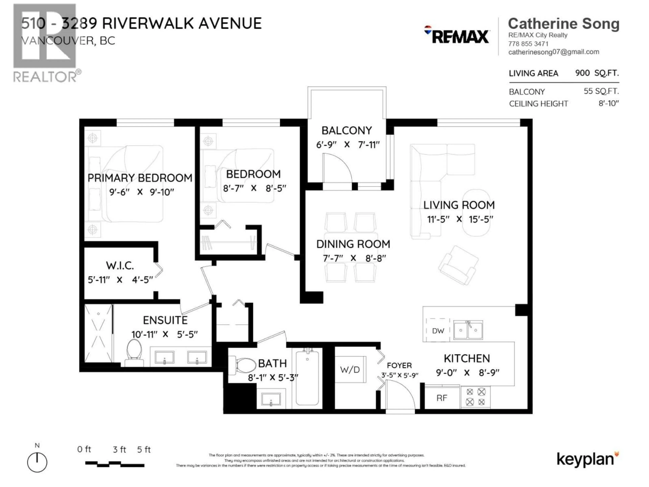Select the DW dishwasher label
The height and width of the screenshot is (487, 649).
click(438, 331)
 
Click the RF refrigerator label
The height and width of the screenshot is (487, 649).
click(442, 398)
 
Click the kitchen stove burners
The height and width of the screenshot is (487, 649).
click(475, 397)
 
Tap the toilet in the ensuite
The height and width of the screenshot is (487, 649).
click(134, 353)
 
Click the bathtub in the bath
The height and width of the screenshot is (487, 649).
click(307, 378)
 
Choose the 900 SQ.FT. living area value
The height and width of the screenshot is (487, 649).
click(597, 73)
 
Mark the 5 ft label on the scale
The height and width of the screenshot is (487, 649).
click(144, 449)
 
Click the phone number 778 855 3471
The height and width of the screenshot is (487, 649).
click(528, 44)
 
